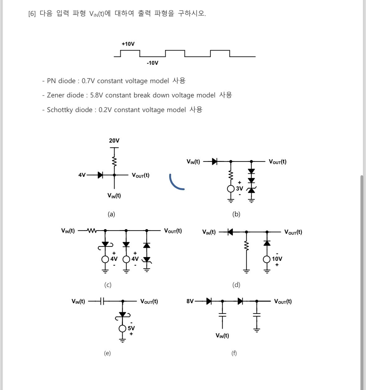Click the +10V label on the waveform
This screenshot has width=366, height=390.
click(x=128, y=44)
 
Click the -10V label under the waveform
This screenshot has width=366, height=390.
click(x=152, y=63)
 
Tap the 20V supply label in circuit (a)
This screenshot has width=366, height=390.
click(x=114, y=141)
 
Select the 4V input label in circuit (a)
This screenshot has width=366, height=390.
click(x=82, y=175)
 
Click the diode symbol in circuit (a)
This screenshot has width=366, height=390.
click(x=100, y=175)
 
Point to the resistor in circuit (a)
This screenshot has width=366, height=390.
click(x=114, y=161)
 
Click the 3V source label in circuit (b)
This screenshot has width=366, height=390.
click(x=239, y=189)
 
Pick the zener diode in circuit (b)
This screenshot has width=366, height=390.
click(x=251, y=190)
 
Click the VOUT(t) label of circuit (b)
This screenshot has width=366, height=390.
click(x=278, y=162)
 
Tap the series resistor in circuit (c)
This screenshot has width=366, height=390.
click(x=92, y=231)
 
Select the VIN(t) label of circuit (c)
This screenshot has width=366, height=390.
click(x=68, y=231)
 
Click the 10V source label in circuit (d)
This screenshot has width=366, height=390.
click(x=277, y=259)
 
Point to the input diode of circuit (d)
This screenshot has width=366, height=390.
click(x=230, y=232)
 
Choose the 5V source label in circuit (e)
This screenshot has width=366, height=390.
click(x=131, y=328)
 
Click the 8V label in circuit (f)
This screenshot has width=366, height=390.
click(x=190, y=301)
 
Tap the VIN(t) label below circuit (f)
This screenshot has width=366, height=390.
click(x=222, y=336)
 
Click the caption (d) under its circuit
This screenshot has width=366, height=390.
click(x=236, y=285)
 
